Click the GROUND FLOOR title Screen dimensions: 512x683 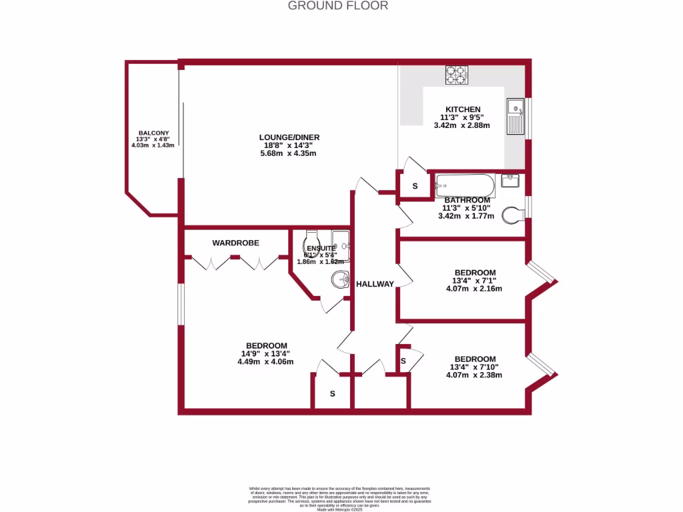tap(337, 6)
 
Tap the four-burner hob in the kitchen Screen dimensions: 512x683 tap(456, 75)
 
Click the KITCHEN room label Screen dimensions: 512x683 tap(463, 109)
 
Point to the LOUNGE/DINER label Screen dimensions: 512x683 tap(287, 137)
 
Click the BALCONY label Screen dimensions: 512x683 tap(153, 133)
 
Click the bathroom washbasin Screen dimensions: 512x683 tap(510, 181)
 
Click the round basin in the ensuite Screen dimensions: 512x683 tap(340, 280)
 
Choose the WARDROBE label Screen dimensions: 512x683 tap(235, 243)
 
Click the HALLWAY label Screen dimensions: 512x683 tap(374, 284)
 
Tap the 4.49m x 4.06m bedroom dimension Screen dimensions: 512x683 tap(265, 362)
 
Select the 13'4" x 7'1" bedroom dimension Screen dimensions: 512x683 tap(474, 281)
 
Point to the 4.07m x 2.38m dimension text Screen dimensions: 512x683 tap(474, 375)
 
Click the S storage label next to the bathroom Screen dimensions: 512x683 tap(414, 187)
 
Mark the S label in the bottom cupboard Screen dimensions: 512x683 tap(332, 393)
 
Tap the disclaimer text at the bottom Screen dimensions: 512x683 tap(341, 497)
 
